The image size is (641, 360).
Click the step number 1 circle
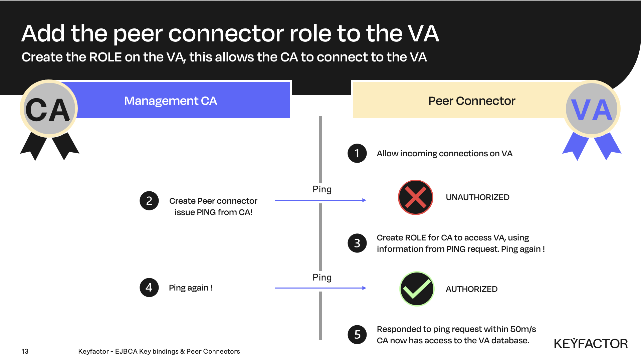pyautogui.click(x=357, y=153)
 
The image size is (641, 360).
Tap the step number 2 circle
pyautogui.click(x=149, y=201)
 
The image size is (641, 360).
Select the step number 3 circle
pyautogui.click(x=357, y=243)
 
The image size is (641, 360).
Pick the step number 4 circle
pyautogui.click(x=149, y=288)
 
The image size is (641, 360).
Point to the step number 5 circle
pyautogui.click(x=357, y=334)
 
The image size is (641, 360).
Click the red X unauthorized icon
pyautogui.click(x=415, y=197)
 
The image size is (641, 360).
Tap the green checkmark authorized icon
pyautogui.click(x=417, y=289)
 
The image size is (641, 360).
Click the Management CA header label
pyautogui.click(x=171, y=101)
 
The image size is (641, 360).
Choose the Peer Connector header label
pyautogui.click(x=471, y=101)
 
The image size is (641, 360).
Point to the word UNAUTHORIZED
pyautogui.click(x=477, y=197)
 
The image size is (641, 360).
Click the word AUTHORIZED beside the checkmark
pyautogui.click(x=471, y=289)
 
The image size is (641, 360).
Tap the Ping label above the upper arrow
pyautogui.click(x=322, y=189)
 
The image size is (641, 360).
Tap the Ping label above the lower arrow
pyautogui.click(x=322, y=278)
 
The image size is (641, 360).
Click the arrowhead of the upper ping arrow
pyautogui.click(x=364, y=200)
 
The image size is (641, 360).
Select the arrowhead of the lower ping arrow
pyautogui.click(x=364, y=288)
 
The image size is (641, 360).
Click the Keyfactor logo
pyautogui.click(x=591, y=344)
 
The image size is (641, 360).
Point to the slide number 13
pyautogui.click(x=25, y=351)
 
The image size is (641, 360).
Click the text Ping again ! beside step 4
pyautogui.click(x=191, y=288)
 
